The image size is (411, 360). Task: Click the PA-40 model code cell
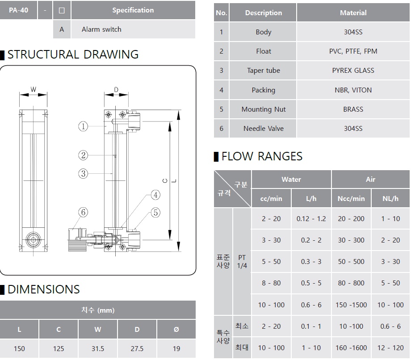(x=19, y=10)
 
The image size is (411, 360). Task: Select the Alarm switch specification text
(x=101, y=29)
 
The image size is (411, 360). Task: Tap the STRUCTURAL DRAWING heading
(x=73, y=54)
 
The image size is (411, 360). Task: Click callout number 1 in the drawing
(x=83, y=126)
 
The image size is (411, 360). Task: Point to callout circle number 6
(x=83, y=212)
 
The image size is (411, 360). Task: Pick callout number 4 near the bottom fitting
(x=155, y=195)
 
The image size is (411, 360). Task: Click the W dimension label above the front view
(x=34, y=90)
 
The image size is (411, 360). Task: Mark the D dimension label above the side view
(x=116, y=90)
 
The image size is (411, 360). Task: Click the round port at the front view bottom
(x=33, y=240)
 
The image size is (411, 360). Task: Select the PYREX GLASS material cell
(x=353, y=71)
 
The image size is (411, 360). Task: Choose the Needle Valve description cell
(x=263, y=129)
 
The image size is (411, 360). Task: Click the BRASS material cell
(x=353, y=109)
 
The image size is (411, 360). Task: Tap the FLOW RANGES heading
(x=262, y=156)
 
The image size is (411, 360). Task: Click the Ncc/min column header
(x=351, y=198)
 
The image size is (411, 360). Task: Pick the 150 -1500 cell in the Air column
(x=351, y=305)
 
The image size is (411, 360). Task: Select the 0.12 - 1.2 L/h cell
(x=311, y=219)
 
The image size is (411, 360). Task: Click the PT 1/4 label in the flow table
(x=242, y=261)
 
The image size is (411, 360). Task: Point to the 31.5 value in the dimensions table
(x=97, y=348)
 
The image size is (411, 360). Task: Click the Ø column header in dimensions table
(x=176, y=330)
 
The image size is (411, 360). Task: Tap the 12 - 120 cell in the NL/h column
(x=390, y=347)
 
